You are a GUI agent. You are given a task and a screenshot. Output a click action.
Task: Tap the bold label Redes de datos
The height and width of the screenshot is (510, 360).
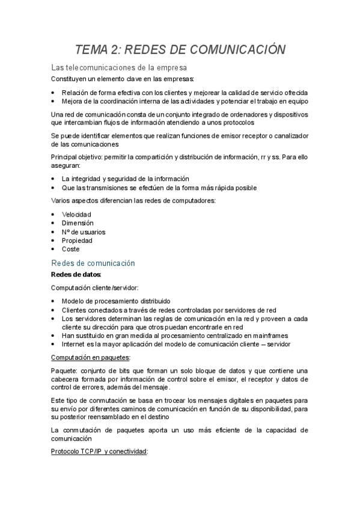[x=76, y=275]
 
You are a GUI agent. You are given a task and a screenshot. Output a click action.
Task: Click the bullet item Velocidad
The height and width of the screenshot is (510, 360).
[x=76, y=214]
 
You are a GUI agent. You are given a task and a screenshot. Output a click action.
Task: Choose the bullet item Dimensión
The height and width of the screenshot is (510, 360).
[x=78, y=223]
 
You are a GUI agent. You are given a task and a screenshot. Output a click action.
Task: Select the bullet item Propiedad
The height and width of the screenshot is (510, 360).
[x=77, y=241]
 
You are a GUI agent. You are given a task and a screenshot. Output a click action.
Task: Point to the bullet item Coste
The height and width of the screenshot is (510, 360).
[x=70, y=249]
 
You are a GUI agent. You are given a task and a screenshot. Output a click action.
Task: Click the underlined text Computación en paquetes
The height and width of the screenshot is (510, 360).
[x=91, y=357]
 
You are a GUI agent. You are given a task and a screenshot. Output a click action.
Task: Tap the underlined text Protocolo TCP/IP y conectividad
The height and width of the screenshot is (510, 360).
[x=100, y=451]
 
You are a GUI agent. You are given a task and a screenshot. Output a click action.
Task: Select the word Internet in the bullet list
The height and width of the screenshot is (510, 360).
[x=75, y=344]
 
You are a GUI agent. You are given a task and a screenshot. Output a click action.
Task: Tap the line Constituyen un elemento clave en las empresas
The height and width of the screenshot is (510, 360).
[x=123, y=79]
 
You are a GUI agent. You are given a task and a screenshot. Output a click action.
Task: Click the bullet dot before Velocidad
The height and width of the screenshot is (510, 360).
[x=54, y=215]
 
